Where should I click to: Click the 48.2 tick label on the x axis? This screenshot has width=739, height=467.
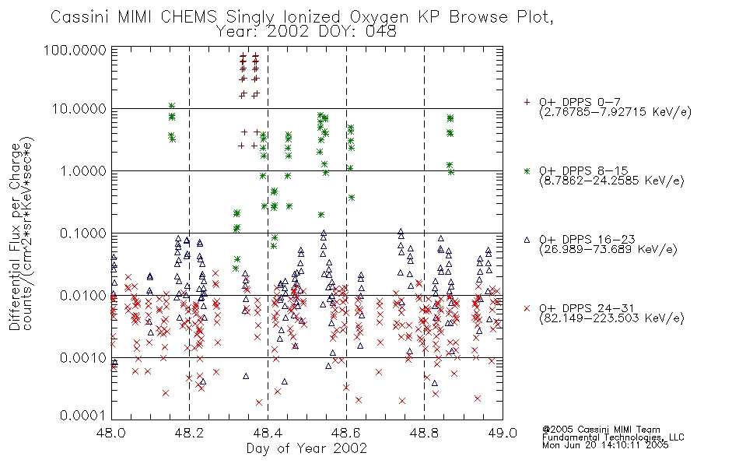(x=189, y=433)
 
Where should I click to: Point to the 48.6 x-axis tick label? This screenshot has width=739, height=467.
(x=346, y=433)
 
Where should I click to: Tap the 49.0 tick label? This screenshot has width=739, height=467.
(x=503, y=433)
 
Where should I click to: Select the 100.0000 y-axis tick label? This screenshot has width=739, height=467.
(x=75, y=50)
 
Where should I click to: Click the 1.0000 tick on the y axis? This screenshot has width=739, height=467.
(x=82, y=170)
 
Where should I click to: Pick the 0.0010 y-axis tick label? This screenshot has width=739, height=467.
(x=82, y=357)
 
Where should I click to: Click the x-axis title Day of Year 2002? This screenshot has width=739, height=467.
(x=306, y=448)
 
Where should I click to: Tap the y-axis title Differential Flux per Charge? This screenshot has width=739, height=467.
(x=15, y=237)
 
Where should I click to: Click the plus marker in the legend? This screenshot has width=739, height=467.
(x=527, y=102)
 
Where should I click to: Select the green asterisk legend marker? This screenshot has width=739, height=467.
(x=527, y=170)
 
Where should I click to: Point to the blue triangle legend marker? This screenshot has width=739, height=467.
(x=527, y=240)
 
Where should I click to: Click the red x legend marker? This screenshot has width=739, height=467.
(x=527, y=308)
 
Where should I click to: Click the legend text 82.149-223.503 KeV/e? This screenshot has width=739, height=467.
(x=611, y=318)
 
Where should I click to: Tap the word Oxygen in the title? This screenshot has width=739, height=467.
(x=379, y=17)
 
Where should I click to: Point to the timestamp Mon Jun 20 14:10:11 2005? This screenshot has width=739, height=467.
(x=605, y=445)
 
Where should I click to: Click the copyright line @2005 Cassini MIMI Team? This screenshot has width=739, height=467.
(x=601, y=430)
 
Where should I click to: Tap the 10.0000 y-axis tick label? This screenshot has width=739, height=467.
(x=79, y=109)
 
